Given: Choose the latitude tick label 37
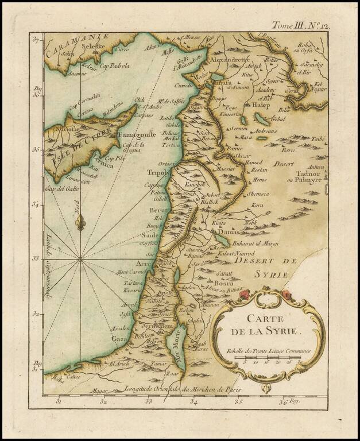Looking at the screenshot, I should (x=35, y=41).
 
